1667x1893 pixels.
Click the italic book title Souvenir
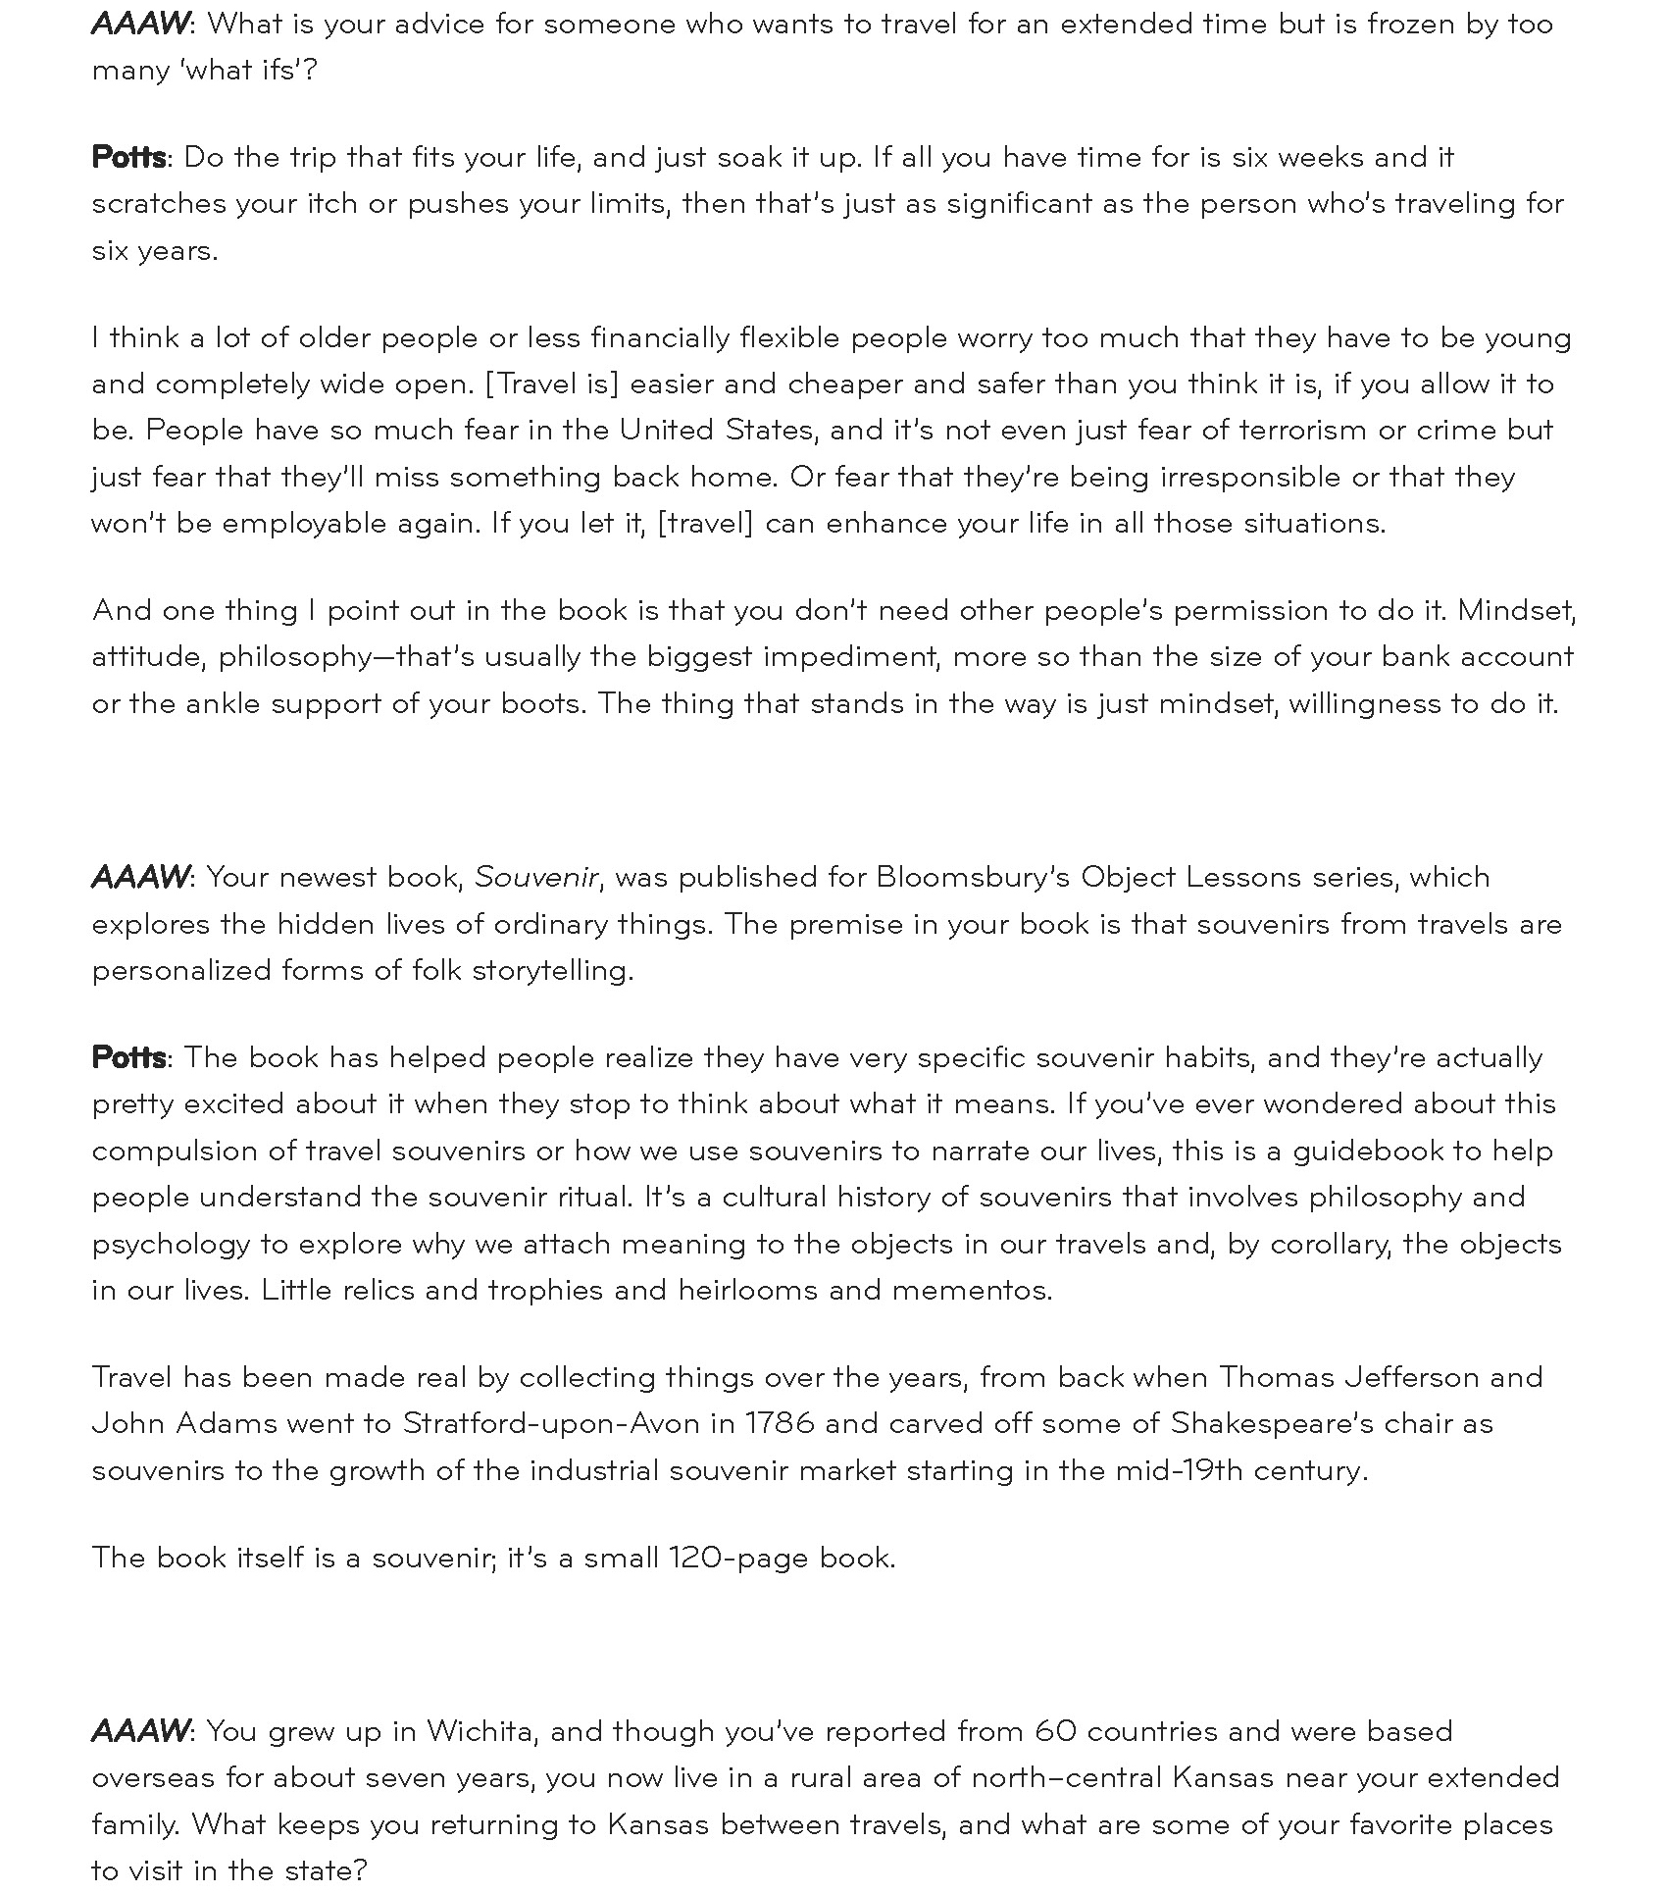point(535,877)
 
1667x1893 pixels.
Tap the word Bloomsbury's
point(972,877)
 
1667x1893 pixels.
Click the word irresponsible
point(1249,477)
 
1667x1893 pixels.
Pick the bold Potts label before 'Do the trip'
point(128,157)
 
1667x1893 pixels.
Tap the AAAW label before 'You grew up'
point(139,1731)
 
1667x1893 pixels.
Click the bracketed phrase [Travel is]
point(552,384)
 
